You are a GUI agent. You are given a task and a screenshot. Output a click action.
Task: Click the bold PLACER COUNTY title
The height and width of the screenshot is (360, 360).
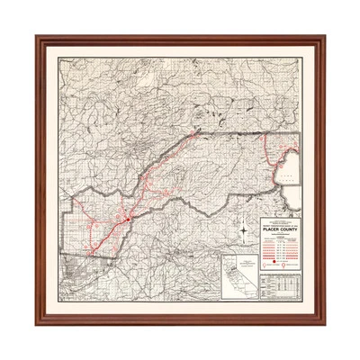coord(280,230)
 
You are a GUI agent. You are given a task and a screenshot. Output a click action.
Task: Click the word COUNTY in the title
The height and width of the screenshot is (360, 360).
coord(289,230)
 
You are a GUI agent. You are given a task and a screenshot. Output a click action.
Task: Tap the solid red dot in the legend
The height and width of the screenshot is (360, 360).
coord(274,261)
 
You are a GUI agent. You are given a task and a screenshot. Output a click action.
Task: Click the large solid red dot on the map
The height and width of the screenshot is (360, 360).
coord(129,217)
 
